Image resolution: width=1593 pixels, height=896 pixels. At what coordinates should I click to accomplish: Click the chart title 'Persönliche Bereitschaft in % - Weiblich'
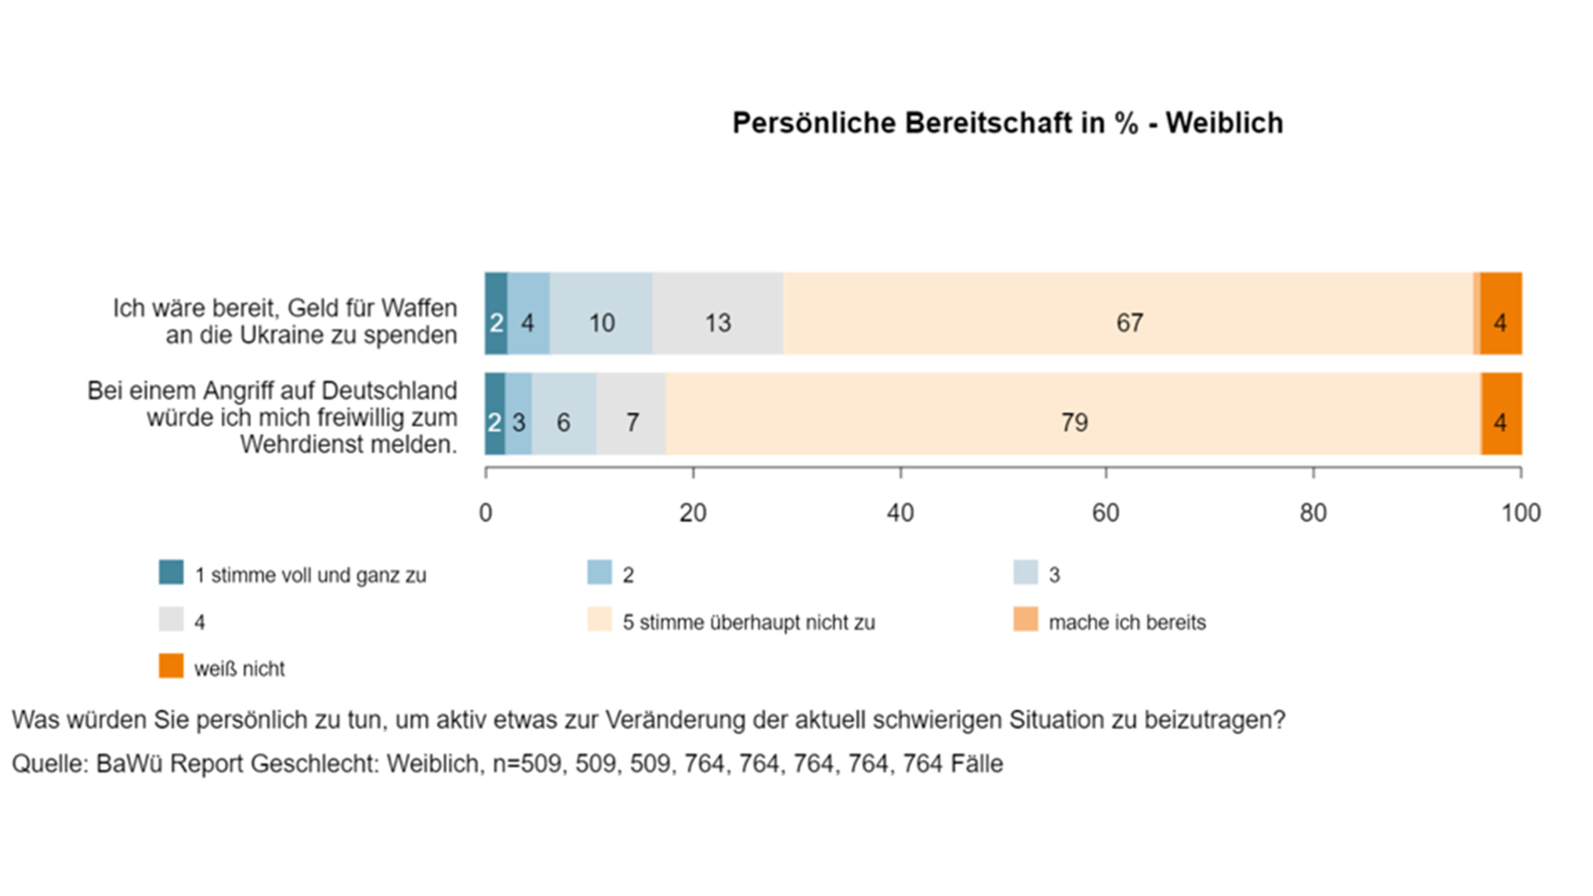(x=1007, y=123)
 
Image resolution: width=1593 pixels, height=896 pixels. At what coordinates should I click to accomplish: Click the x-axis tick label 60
(x=1105, y=513)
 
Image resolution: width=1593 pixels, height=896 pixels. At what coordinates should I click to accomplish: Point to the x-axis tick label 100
(x=1520, y=513)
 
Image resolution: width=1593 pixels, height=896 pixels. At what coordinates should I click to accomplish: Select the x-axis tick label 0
(x=486, y=513)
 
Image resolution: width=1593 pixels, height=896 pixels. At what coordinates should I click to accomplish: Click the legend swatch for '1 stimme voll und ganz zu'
(x=171, y=572)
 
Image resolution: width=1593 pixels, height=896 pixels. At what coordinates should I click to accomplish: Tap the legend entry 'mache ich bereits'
(x=1126, y=622)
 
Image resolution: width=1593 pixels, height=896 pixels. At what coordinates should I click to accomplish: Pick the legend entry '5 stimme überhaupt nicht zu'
(x=748, y=622)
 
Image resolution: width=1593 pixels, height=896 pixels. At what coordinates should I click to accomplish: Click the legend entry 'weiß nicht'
(x=239, y=669)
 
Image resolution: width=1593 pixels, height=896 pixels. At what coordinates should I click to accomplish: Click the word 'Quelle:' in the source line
(x=50, y=764)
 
